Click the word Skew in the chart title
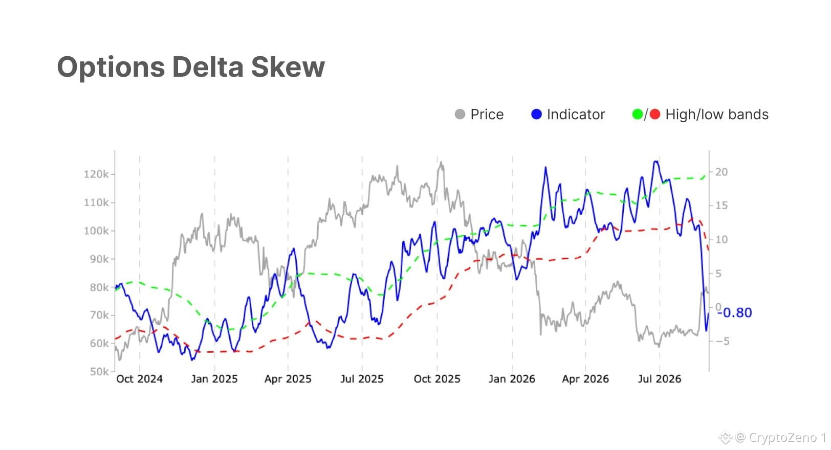point(288,67)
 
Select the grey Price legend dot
point(460,114)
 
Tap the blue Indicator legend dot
point(536,114)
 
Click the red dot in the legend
point(655,114)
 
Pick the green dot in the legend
point(638,114)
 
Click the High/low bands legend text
point(717,115)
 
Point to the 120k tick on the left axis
point(96,174)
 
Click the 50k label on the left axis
point(99,371)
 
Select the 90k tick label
point(99,259)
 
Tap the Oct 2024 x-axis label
point(140,379)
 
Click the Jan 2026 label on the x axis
point(512,379)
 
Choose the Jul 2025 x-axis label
point(362,379)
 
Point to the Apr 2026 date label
point(585,379)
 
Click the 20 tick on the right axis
point(721,172)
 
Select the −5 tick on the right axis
point(722,341)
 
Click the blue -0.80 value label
point(735,313)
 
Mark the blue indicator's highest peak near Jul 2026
point(656,161)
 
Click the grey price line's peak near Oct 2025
point(441,162)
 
